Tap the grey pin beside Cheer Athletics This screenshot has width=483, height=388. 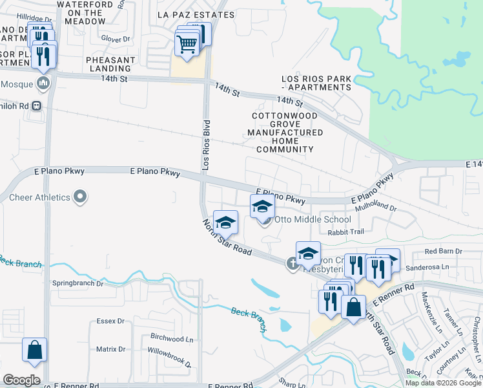click(80, 196)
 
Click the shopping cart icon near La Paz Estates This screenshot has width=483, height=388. click(187, 45)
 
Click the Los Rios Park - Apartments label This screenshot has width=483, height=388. click(316, 83)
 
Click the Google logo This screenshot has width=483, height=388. click(21, 380)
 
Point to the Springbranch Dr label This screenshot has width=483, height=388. click(77, 283)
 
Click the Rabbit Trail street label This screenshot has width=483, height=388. click(346, 232)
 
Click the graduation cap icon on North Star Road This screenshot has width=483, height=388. click(225, 223)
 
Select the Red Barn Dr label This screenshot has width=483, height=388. click(444, 251)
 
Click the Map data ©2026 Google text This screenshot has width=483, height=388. click(442, 382)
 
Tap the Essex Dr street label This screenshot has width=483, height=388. click(110, 321)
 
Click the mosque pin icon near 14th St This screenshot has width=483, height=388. click(43, 83)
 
